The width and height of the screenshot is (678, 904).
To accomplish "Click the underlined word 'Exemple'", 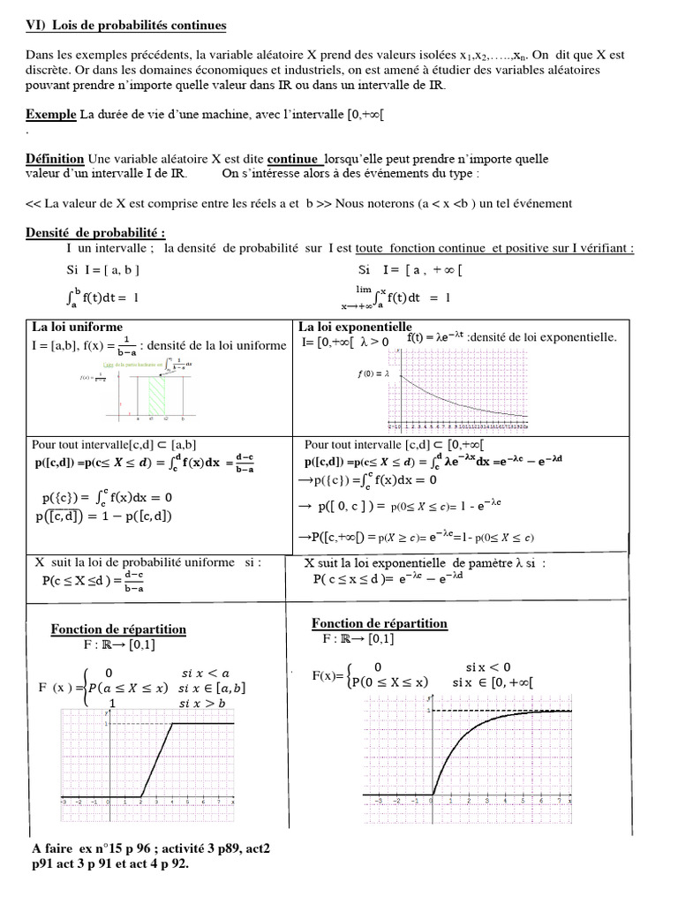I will pyautogui.click(x=51, y=115).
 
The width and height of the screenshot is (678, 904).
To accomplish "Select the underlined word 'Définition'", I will pyautogui.click(x=55, y=159).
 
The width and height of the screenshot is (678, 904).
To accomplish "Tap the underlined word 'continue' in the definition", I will pyautogui.click(x=294, y=159).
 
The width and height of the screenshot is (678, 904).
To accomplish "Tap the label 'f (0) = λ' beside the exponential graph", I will pyautogui.click(x=373, y=373).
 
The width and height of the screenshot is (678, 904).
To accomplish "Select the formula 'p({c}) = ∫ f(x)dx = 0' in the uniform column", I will pyautogui.click(x=107, y=497).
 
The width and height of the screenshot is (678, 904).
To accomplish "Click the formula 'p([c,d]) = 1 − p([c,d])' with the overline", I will pyautogui.click(x=106, y=516).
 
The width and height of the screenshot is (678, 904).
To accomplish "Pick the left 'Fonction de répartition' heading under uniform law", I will pyautogui.click(x=118, y=629).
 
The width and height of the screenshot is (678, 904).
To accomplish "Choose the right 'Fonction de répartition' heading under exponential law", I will pyautogui.click(x=380, y=623).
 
